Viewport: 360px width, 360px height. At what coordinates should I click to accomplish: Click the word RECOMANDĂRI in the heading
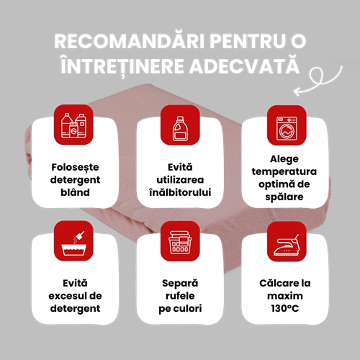point(130,40)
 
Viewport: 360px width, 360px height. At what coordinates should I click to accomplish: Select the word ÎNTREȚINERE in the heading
point(122,66)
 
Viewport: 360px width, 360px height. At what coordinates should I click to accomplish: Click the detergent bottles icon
point(73,125)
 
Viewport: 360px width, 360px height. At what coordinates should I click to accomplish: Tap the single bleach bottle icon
point(180,128)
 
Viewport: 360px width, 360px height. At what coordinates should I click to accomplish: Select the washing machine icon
point(287,128)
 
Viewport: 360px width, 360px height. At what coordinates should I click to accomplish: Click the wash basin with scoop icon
point(73,243)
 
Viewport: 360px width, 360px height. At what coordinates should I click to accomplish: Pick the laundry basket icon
point(180,243)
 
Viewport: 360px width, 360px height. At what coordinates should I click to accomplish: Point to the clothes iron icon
point(287,245)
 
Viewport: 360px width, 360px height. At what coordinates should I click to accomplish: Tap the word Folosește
point(75,168)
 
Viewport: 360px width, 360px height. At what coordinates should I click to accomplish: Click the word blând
point(75,192)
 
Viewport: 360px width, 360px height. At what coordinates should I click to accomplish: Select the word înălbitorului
point(180,192)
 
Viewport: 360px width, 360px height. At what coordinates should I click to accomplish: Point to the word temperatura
point(284,172)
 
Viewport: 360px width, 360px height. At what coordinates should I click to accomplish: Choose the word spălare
point(284,197)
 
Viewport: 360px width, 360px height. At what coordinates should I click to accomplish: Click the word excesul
point(66,296)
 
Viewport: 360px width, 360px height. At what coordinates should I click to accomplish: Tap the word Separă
point(180,284)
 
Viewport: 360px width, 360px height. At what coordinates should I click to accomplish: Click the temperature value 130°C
point(285,308)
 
